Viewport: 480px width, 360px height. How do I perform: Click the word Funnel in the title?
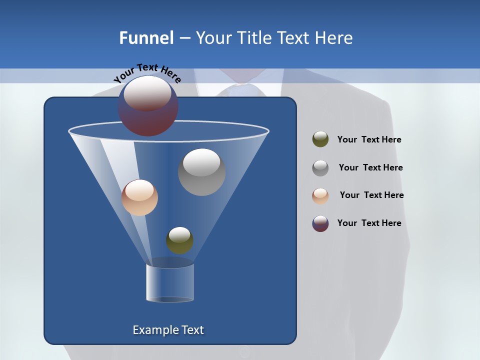146,38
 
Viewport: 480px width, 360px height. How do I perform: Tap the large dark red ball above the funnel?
148,106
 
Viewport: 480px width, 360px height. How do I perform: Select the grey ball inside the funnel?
201,171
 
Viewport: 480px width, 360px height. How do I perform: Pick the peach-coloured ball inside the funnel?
139,197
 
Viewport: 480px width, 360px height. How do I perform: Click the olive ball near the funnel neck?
179,240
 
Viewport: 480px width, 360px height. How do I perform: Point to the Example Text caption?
168,330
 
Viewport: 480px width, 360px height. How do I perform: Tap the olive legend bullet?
320,139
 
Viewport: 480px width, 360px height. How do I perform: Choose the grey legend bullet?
320,168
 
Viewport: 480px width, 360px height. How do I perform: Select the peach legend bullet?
320,195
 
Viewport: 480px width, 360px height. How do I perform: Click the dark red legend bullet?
320,223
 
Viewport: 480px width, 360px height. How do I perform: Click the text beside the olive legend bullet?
369,139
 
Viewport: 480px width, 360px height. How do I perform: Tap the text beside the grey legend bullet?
370,167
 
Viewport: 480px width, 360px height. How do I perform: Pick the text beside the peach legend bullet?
371,195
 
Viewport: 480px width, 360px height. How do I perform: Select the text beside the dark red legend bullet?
369,223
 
